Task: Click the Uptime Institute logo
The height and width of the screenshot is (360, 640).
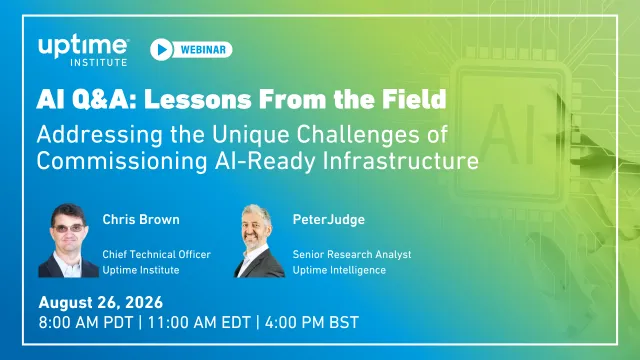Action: click(x=83, y=51)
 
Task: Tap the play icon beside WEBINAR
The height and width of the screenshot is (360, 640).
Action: click(x=161, y=49)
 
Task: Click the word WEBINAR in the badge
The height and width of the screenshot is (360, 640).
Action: click(x=203, y=50)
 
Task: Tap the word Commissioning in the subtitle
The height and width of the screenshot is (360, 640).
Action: click(x=122, y=161)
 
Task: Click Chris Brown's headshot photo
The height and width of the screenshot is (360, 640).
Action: click(x=68, y=240)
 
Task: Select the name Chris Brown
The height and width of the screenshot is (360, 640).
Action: click(x=141, y=220)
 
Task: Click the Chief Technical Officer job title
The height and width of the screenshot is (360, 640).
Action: click(x=156, y=254)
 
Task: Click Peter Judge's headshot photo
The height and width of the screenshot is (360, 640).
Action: click(x=259, y=241)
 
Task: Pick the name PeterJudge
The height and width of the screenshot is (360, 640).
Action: click(x=329, y=220)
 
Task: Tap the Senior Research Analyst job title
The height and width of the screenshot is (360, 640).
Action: click(x=352, y=254)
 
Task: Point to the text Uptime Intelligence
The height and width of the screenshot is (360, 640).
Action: click(x=339, y=270)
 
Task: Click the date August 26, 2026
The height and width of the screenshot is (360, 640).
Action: click(x=101, y=302)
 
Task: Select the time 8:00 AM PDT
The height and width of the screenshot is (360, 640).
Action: click(x=86, y=322)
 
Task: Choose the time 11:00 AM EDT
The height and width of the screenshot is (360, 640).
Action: click(x=199, y=322)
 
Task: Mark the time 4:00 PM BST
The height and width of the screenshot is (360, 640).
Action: click(x=312, y=322)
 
